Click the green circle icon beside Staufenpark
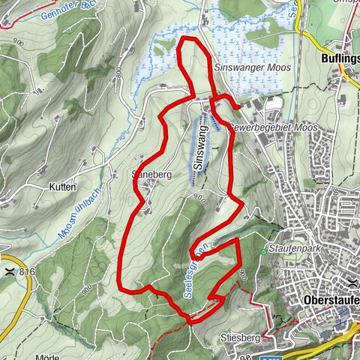click(264, 253)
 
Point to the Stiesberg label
click(239, 339)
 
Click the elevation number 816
click(28, 271)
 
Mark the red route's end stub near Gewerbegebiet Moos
click(237, 107)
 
